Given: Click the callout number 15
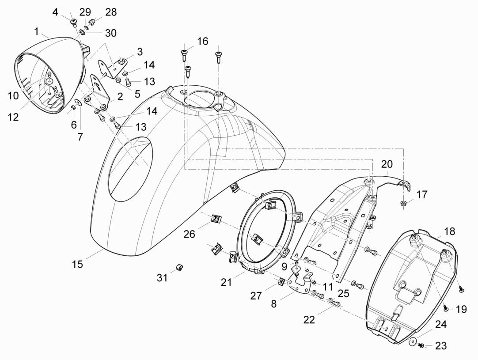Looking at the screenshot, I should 77,265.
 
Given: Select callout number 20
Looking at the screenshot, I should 387,164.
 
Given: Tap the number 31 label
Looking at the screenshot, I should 162,277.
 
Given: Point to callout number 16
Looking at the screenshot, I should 202,42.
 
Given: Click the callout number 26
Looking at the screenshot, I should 189,234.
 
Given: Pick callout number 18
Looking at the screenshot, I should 449,232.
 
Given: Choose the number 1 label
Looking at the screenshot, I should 36,31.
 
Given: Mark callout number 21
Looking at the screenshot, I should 227,282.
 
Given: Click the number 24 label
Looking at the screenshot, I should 440,325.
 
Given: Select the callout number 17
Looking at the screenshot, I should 422,194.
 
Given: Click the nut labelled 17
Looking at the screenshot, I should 403,203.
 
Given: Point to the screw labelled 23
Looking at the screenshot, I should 421,345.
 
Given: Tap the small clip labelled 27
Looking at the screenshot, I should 280,281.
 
